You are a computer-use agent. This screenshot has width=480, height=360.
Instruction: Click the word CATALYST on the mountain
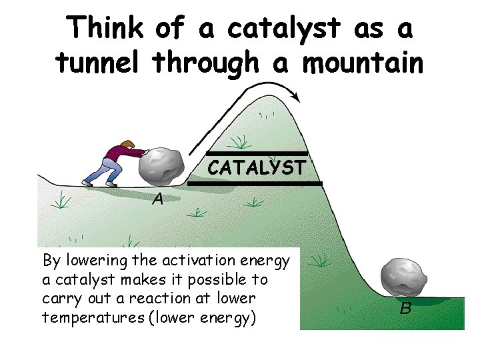point(257,167)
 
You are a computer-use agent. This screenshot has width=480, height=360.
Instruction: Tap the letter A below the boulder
point(157,199)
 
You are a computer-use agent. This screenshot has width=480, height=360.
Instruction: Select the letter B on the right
point(405,309)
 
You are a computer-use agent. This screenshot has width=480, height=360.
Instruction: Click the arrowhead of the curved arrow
point(296,98)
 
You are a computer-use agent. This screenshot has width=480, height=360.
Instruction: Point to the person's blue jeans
point(100,171)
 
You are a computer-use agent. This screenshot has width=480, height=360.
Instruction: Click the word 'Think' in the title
point(105,29)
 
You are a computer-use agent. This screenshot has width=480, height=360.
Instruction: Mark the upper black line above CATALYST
point(257,153)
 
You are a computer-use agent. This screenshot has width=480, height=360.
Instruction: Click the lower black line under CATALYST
point(254,183)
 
